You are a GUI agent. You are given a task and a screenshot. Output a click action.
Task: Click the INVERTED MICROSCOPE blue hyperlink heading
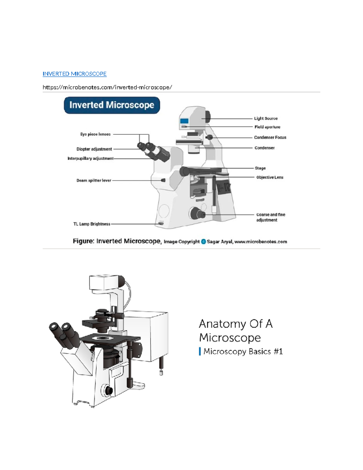coord(75,74)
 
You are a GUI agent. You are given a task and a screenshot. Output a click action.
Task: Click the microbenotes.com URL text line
coord(107,87)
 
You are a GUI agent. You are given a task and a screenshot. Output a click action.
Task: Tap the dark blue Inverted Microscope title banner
coord(112,105)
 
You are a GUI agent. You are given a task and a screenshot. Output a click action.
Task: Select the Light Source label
coord(266,118)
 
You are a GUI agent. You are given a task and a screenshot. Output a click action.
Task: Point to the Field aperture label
coord(267,127)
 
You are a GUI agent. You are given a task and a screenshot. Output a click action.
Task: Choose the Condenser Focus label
coord(270,137)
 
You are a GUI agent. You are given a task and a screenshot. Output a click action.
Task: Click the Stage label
coord(260,168)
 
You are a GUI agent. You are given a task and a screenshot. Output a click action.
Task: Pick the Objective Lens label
coord(270,177)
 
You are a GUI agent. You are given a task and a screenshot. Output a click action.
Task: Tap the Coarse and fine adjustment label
coord(271,217)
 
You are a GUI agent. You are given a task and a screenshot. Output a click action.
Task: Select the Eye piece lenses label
coord(95,134)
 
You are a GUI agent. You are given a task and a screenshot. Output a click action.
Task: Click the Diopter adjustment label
coord(94,149)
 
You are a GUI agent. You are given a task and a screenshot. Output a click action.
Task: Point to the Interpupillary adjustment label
coord(90,158)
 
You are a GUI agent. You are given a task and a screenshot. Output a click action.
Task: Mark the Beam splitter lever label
coord(93,180)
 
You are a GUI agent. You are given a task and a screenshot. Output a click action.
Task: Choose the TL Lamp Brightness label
coord(92,224)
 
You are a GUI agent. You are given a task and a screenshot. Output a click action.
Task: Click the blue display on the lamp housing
coord(184,121)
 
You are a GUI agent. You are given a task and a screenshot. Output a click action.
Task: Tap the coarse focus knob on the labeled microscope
coord(198,213)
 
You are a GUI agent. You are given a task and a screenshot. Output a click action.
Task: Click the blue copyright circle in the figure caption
coord(203,242)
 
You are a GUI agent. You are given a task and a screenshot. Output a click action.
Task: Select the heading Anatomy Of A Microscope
coord(236,331)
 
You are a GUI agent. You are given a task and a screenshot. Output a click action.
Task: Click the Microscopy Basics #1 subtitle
coord(241,351)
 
